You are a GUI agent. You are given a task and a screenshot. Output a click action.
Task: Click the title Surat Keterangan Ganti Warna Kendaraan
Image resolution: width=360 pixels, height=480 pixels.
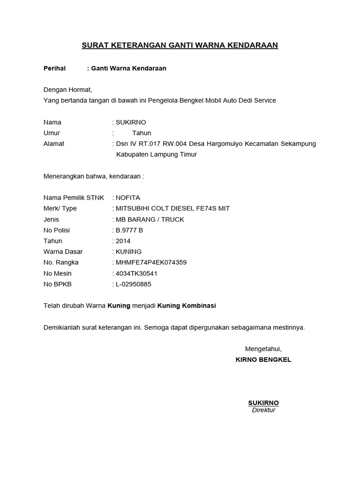click(180, 45)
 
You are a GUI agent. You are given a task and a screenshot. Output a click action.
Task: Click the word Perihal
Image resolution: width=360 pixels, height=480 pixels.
click(54, 68)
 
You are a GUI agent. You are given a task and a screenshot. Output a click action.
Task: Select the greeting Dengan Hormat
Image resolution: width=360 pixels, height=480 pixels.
click(68, 90)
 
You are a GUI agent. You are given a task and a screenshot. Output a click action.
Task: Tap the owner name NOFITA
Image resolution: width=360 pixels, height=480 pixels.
click(127, 198)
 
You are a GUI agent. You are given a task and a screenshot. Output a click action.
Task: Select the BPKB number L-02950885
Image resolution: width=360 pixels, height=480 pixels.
click(134, 284)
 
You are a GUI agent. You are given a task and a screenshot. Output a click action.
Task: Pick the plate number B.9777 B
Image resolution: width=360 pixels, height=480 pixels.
click(129, 230)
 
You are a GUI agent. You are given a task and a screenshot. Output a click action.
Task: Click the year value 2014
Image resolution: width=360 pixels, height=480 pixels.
click(123, 241)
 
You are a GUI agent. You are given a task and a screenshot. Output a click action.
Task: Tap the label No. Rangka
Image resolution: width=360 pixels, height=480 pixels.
click(61, 262)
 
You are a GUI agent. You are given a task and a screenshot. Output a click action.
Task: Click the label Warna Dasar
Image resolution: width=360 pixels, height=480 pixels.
click(63, 252)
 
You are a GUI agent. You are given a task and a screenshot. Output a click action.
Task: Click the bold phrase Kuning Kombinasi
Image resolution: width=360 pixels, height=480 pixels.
click(187, 306)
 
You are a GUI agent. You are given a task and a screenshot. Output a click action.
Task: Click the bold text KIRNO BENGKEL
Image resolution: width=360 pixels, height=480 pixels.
click(263, 360)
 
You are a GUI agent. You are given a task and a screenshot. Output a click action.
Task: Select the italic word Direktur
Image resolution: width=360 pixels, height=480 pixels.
click(263, 410)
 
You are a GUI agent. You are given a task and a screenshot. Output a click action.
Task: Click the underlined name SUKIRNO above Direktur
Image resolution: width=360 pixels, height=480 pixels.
click(263, 403)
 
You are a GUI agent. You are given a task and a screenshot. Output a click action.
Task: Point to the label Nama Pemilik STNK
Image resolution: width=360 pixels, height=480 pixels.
click(74, 198)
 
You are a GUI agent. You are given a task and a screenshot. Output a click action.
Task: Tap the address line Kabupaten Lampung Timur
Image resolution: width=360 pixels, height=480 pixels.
click(157, 155)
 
